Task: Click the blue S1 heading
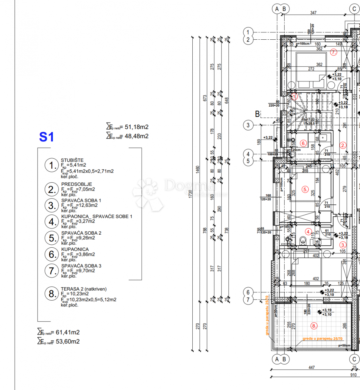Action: (x=46, y=137)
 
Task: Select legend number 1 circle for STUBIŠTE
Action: (x=51, y=165)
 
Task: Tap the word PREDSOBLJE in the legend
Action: (x=77, y=184)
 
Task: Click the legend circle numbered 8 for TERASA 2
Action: (x=51, y=294)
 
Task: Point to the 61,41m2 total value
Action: (x=68, y=332)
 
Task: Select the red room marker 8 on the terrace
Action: (x=314, y=326)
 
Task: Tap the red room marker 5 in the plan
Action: (x=305, y=189)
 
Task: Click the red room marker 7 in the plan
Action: (x=333, y=52)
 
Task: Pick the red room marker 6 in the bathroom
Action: (x=303, y=143)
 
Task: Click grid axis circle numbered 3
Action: (x=248, y=125)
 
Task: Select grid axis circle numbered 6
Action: (x=248, y=292)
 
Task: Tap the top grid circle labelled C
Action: (x=354, y=9)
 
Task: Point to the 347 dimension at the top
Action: (x=313, y=13)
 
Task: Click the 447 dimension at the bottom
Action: (x=312, y=367)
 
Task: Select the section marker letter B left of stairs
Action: (x=257, y=114)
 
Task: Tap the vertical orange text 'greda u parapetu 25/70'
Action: (x=267, y=315)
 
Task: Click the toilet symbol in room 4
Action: (x=303, y=241)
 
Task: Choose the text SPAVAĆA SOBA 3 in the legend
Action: (x=81, y=266)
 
